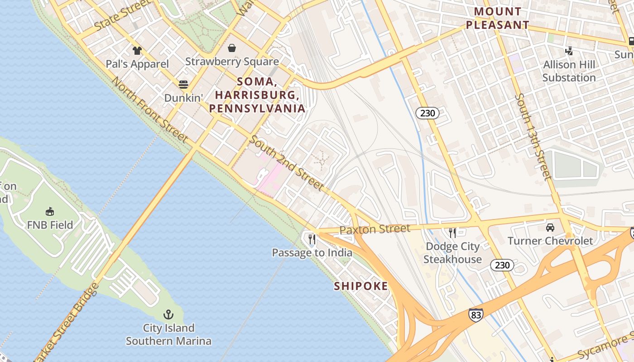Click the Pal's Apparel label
tap(137, 64)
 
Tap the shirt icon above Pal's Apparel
tap(137, 50)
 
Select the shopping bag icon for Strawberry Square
tap(232, 48)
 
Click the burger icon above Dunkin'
tap(183, 84)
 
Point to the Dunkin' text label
tap(183, 98)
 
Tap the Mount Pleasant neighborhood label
tap(498, 18)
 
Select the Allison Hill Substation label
tap(569, 71)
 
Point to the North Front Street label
tap(149, 110)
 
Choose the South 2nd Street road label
tap(287, 163)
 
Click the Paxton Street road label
tap(375, 229)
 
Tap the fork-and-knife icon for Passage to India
tap(312, 239)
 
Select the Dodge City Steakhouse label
tap(452, 253)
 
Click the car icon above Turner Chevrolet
tap(550, 227)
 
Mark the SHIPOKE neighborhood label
tap(361, 286)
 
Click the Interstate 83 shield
tap(475, 315)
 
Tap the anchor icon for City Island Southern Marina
tap(168, 314)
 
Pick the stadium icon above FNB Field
tap(50, 211)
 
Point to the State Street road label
tap(123, 16)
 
